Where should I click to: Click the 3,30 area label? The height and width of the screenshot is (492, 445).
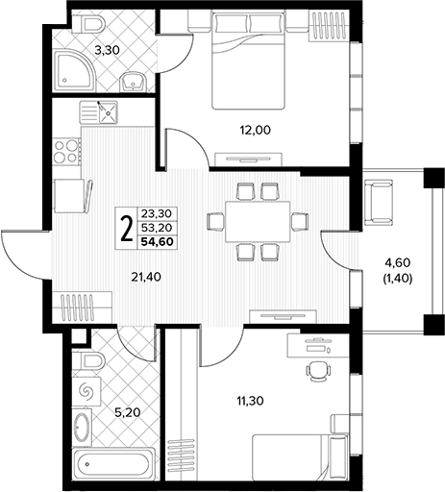(107, 50)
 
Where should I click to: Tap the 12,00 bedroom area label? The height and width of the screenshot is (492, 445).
(256, 130)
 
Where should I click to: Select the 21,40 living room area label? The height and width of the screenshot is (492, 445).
(146, 277)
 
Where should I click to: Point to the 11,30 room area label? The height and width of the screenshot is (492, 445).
(250, 401)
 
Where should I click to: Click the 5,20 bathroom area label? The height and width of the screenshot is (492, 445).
(128, 412)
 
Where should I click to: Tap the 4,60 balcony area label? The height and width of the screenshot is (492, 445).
(398, 263)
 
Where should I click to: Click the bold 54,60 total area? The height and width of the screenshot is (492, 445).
(158, 241)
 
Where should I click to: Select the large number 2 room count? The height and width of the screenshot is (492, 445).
(127, 228)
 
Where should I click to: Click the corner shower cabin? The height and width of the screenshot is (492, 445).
(75, 70)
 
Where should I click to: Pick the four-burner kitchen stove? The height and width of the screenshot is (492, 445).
(66, 152)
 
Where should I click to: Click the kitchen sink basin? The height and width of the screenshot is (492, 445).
(109, 112)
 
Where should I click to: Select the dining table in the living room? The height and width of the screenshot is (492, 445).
(258, 221)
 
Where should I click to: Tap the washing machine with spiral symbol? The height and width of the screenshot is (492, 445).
(87, 391)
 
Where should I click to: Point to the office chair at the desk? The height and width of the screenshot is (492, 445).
(318, 371)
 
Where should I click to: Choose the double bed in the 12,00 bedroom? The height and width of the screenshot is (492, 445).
(248, 61)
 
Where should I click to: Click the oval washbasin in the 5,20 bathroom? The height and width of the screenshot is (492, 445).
(82, 427)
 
